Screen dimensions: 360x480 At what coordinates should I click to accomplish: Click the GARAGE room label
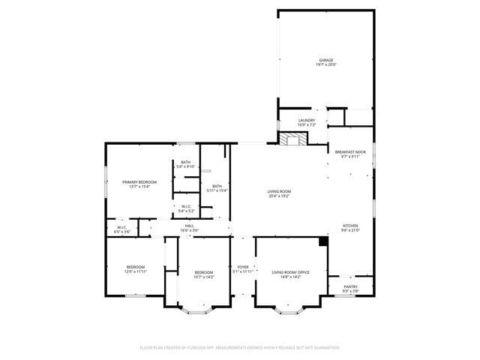click(325, 60)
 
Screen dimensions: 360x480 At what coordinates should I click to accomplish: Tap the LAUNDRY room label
click(307, 120)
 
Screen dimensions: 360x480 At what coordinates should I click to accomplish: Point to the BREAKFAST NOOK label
click(350, 151)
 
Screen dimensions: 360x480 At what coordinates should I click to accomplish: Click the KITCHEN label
click(350, 226)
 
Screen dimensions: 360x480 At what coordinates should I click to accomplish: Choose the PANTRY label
click(350, 286)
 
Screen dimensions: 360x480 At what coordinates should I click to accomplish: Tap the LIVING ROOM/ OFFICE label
click(289, 272)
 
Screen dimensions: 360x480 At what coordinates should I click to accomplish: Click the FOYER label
click(243, 267)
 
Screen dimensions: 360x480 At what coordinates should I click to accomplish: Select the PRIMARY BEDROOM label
click(139, 182)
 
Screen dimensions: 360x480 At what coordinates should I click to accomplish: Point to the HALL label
click(190, 225)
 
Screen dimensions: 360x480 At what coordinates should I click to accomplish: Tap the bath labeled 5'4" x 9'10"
click(185, 163)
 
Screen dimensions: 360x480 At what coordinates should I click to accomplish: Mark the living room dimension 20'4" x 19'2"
click(279, 196)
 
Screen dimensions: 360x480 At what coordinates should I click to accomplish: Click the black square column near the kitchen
click(323, 241)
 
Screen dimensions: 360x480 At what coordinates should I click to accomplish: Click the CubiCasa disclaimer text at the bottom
click(240, 347)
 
